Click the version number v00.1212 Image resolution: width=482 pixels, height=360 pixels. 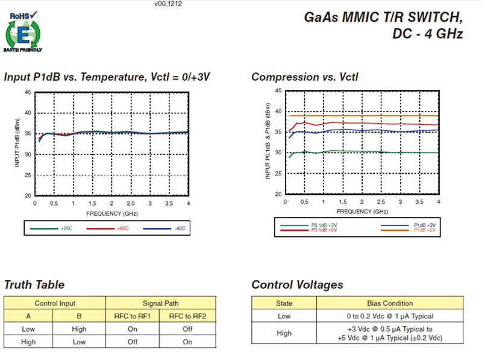168,4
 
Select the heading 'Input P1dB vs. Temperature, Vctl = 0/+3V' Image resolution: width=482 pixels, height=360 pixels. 107,77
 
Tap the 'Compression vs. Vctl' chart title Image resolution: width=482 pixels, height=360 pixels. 304,77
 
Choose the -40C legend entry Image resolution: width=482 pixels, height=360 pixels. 171,229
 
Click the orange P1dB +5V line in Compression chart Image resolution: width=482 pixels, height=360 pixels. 361,115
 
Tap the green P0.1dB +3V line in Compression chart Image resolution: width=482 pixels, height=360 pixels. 361,152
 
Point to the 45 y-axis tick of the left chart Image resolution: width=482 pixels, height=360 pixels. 28,92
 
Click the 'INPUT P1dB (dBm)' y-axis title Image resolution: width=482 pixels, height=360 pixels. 18,143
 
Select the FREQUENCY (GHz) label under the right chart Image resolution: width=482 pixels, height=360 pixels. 363,212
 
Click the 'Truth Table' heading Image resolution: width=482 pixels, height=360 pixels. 34,285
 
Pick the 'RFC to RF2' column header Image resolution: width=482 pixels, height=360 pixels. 187,316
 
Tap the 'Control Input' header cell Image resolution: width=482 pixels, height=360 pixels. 55,303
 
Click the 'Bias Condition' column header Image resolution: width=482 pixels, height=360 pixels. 390,303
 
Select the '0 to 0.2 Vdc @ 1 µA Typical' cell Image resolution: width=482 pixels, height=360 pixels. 390,316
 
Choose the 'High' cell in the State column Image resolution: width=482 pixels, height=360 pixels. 284,333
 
